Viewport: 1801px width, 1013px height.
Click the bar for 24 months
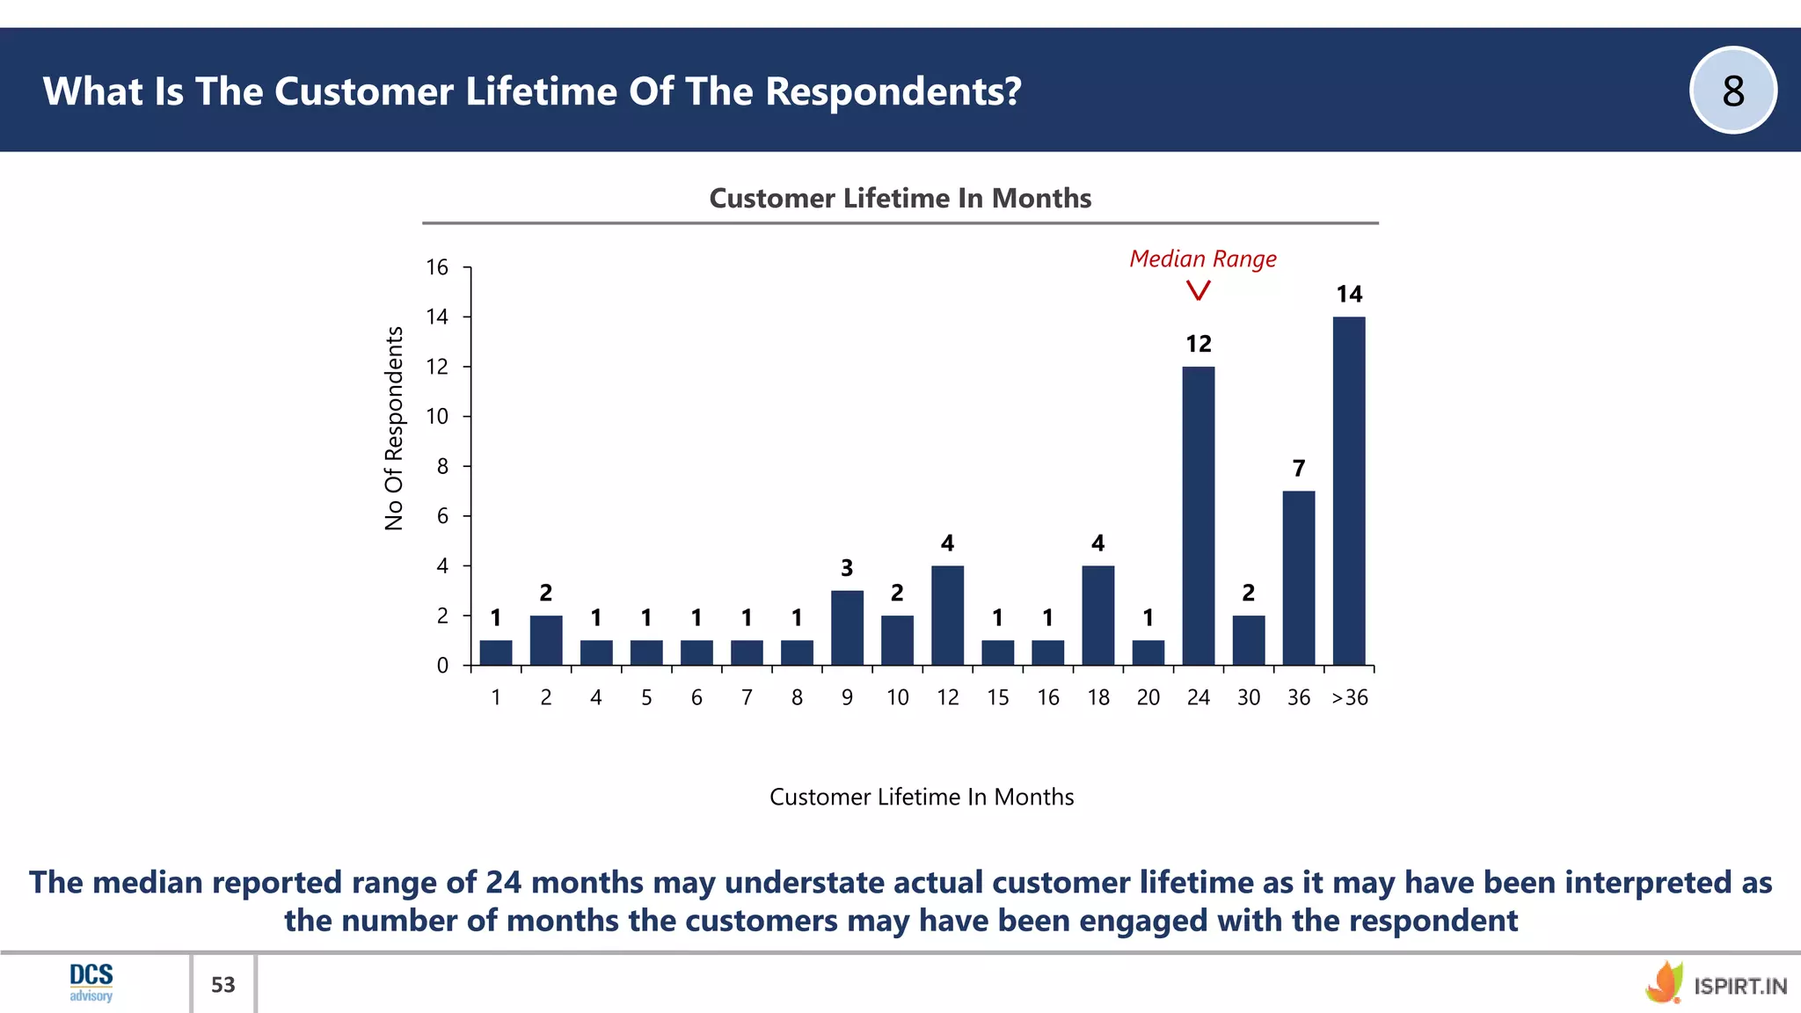(x=1198, y=515)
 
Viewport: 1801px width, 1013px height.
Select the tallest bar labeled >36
(x=1348, y=491)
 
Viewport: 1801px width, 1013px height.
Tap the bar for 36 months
(x=1298, y=578)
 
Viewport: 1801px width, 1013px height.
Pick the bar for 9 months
(x=847, y=628)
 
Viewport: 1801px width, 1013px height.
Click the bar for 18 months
(x=1097, y=616)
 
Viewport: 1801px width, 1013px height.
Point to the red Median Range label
(x=1202, y=259)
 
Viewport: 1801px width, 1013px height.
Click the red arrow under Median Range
(x=1198, y=290)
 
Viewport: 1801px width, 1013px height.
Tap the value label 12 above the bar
(x=1198, y=344)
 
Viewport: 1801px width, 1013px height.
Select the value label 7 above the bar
(x=1298, y=469)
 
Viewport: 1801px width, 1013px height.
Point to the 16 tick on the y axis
(x=437, y=267)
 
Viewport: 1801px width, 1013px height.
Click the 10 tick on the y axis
(x=437, y=417)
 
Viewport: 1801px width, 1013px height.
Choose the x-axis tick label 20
(x=1148, y=697)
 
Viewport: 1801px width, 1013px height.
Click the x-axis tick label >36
(x=1349, y=697)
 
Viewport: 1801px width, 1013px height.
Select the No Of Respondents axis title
(x=394, y=428)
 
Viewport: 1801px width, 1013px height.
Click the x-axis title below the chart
(x=921, y=797)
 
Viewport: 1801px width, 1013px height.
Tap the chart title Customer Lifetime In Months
(x=900, y=199)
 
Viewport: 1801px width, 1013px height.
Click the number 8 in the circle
(x=1732, y=91)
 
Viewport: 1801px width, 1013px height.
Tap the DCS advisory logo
(x=91, y=982)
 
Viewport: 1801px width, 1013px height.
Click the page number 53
(x=223, y=985)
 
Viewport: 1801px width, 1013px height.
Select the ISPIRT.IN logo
(x=1716, y=984)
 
